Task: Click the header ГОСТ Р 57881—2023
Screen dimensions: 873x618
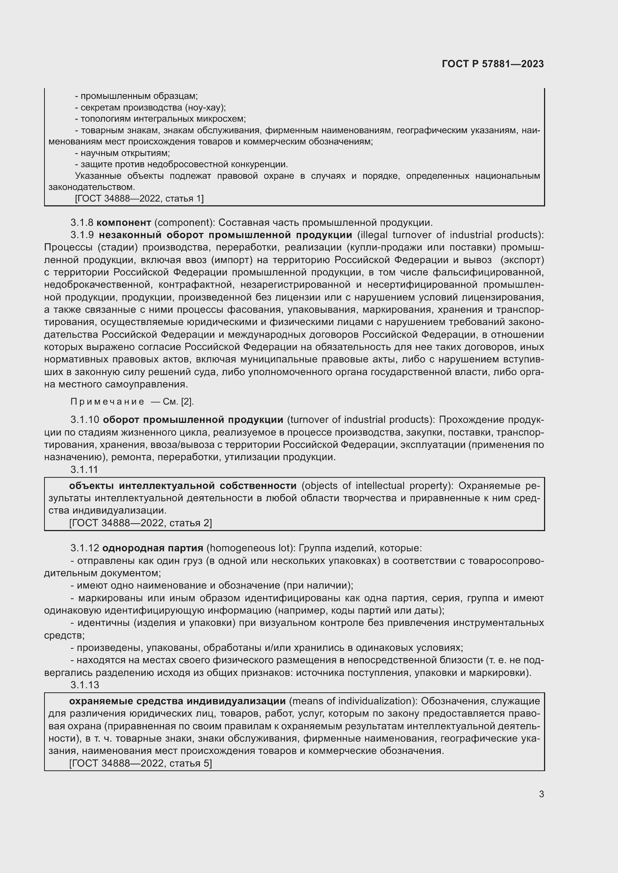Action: [x=492, y=64]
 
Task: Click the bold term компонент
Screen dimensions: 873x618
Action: [x=124, y=222]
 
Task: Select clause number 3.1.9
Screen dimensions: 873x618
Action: [x=82, y=235]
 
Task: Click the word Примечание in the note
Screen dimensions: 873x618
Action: [x=107, y=402]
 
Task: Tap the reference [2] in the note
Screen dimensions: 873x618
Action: [x=187, y=402]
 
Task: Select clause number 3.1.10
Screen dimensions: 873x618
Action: [x=84, y=420]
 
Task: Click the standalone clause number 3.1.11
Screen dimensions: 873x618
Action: [x=84, y=470]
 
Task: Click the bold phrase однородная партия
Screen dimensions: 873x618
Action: [x=152, y=548]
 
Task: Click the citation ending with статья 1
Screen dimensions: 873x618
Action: [x=139, y=199]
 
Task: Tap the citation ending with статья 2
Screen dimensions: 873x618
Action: [x=140, y=523]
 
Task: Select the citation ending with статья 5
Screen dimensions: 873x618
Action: [x=140, y=763]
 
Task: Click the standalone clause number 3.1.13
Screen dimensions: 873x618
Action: [x=84, y=685]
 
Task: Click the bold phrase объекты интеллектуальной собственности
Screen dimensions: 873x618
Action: [x=183, y=486]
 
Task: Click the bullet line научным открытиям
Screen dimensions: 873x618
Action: [x=123, y=153]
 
